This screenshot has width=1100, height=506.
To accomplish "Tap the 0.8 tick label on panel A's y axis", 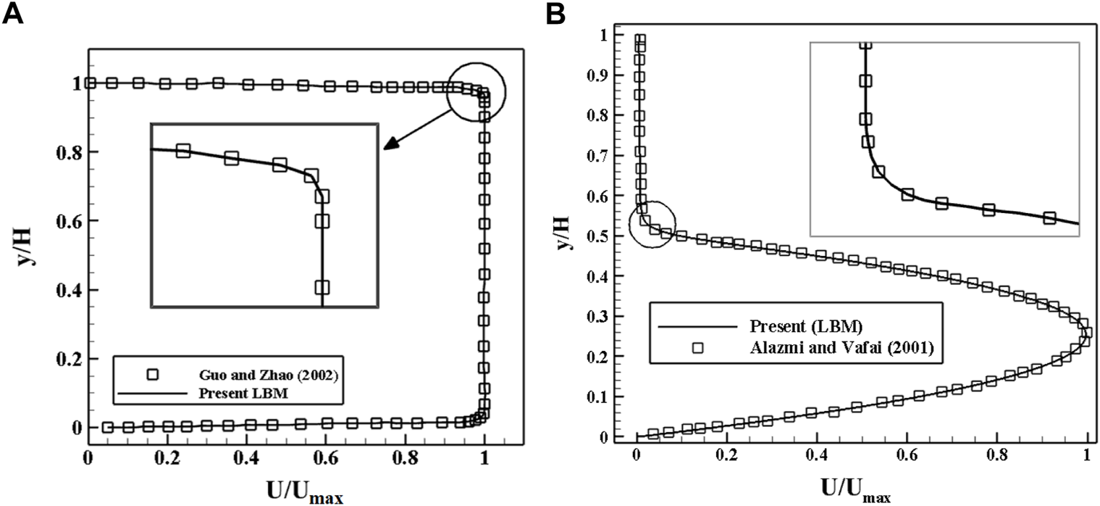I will (64, 152).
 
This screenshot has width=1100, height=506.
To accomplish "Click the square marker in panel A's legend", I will (153, 375).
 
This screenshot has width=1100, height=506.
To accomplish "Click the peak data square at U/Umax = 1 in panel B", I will (1086, 333).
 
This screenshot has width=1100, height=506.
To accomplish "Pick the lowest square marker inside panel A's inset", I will (322, 287).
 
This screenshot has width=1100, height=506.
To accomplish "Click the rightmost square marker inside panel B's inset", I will (1049, 217).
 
